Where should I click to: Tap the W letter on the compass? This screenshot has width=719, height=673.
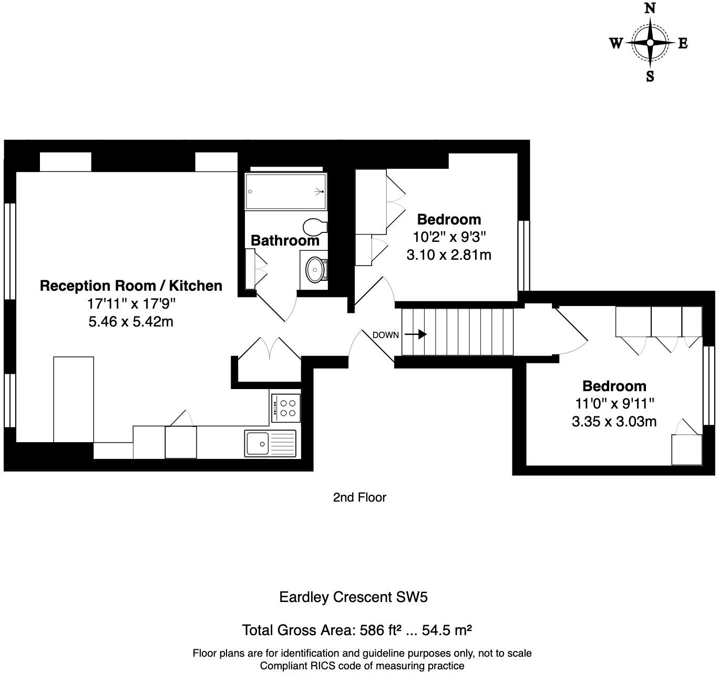[x=616, y=44]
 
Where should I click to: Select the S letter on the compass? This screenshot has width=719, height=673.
[x=650, y=76]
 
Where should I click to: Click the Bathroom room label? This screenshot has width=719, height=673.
[x=285, y=240]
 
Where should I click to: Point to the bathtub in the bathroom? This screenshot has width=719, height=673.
[x=286, y=191]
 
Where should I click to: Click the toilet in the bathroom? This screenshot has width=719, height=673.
[x=315, y=227]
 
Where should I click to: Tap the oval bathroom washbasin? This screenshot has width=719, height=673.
[x=315, y=270]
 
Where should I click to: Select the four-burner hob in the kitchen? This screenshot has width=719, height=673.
[x=286, y=408]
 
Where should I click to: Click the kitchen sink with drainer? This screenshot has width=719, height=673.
[x=270, y=443]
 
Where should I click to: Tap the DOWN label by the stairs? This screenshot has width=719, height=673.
[x=386, y=335]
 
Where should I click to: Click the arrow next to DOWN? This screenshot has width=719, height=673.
[x=415, y=334]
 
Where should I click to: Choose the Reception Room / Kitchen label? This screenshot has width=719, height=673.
[x=131, y=285]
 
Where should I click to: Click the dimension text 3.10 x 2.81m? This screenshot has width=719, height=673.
[x=449, y=255]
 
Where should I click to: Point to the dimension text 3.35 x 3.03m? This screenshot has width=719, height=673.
[x=614, y=422]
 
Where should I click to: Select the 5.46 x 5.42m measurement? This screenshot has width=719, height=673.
[x=131, y=322]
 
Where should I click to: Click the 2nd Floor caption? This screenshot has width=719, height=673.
[x=359, y=497]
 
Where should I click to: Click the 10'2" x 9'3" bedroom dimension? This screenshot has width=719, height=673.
[x=449, y=237]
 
